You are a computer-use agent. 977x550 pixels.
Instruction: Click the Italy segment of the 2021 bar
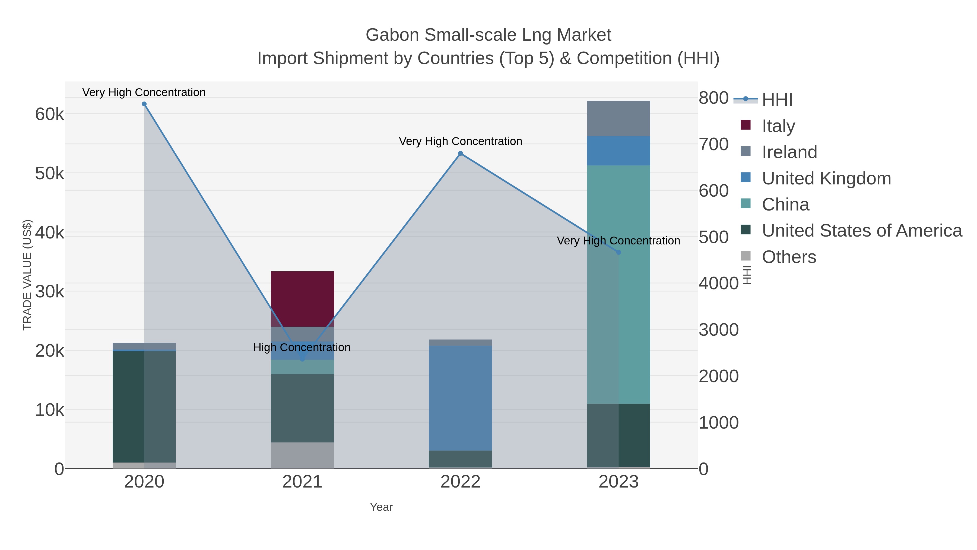[x=302, y=299]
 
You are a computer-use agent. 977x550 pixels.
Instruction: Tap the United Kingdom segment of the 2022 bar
[x=460, y=398]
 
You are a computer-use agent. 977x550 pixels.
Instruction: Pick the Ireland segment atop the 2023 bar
[x=618, y=118]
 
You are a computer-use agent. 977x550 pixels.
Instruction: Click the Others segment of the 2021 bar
[x=302, y=455]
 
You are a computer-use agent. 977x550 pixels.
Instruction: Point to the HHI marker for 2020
[x=144, y=104]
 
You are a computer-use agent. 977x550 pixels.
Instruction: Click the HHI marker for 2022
[x=461, y=153]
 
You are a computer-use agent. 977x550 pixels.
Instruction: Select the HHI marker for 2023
[x=618, y=252]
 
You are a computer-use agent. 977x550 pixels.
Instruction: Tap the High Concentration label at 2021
[x=302, y=347]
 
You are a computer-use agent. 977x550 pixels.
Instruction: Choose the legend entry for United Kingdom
[x=826, y=178]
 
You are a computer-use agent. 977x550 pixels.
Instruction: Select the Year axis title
[x=381, y=507]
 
